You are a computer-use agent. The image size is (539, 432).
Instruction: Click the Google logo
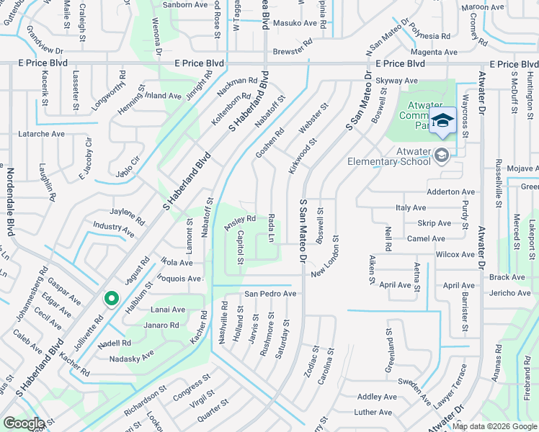[x=24, y=423]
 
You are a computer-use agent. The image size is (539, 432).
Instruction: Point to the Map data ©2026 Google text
[x=494, y=426]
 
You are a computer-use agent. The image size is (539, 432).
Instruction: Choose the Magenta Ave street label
[x=434, y=53]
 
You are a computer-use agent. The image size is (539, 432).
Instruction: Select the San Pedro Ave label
[x=270, y=294]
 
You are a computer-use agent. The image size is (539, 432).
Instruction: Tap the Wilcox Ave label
[x=455, y=255]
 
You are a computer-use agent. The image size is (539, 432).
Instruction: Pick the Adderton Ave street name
[x=451, y=192]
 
